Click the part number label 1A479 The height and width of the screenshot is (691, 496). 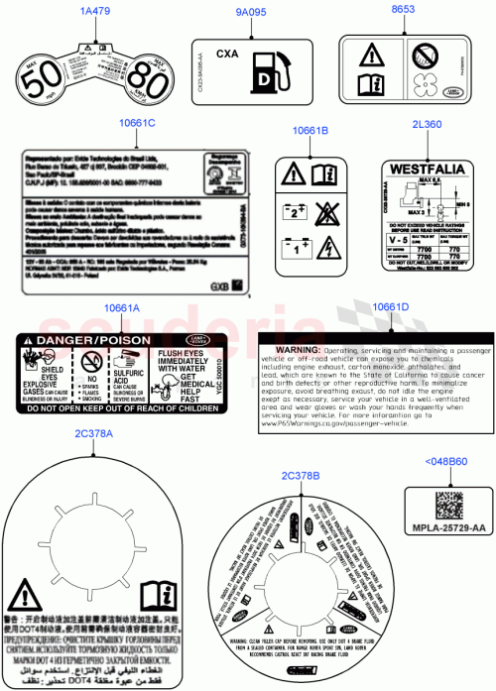(95, 12)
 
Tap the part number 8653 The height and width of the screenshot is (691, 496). (403, 12)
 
